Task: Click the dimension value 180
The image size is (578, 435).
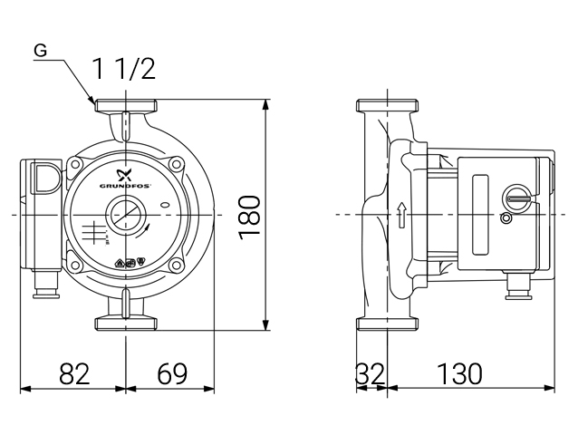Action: click(x=249, y=216)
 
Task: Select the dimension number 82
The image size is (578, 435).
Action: click(x=74, y=373)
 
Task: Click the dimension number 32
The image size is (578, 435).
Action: click(x=370, y=373)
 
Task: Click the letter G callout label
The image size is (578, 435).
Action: click(x=41, y=51)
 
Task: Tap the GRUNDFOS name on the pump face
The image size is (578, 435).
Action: click(x=137, y=180)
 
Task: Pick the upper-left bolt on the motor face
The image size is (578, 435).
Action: click(x=76, y=164)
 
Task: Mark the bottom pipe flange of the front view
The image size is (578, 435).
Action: click(x=124, y=323)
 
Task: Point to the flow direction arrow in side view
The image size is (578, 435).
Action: click(x=400, y=215)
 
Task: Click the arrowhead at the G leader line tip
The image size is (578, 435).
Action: click(x=93, y=101)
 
